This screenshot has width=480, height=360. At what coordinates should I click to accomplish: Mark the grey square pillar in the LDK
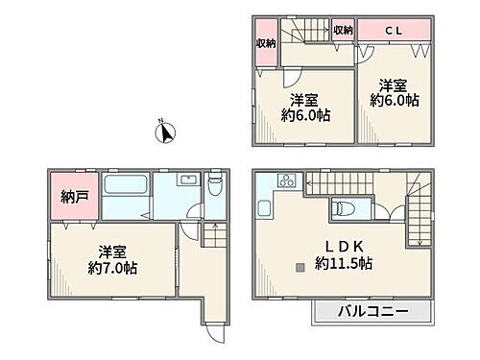tap(301, 266)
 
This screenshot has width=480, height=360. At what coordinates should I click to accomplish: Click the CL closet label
tap(394, 31)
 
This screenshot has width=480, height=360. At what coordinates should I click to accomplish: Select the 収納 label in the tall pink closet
tap(266, 42)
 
